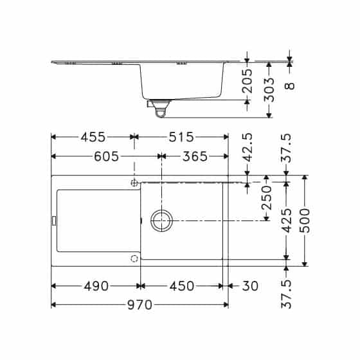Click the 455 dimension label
pos(93,137)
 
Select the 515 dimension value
pos(181,137)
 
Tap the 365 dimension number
pos(194,156)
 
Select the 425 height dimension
pos(287,220)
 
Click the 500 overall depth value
pos(305,220)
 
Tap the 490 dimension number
pos(96,286)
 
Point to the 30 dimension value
pos(250,286)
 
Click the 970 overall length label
pos(139,305)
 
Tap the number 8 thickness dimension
pos(290,84)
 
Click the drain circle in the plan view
pos(161,220)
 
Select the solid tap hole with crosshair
pos(134,183)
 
